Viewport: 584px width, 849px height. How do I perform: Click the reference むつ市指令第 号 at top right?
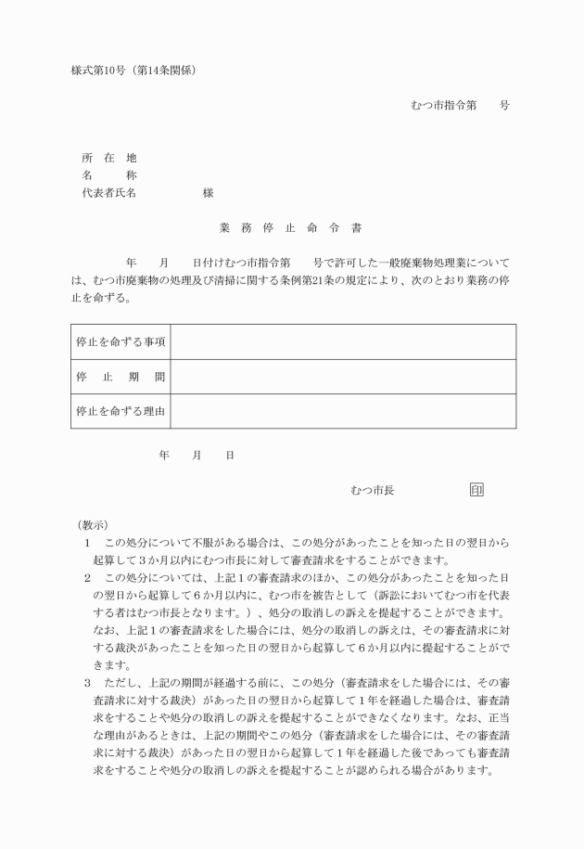coord(460,106)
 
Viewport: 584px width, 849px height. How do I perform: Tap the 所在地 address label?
coord(108,158)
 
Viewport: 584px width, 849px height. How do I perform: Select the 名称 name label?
coord(108,175)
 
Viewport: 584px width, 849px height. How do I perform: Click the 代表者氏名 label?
coord(109,193)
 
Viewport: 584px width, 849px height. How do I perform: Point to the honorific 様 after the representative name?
coord(208,193)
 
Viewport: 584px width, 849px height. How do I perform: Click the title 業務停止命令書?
coord(290,227)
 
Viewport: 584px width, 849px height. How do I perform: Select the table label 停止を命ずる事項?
coord(121,342)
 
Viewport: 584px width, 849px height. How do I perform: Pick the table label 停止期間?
coord(121,377)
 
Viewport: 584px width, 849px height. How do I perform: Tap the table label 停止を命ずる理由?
coord(121,411)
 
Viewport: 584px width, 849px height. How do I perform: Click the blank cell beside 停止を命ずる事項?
coord(343,342)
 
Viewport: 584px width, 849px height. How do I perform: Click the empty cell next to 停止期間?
coord(343,377)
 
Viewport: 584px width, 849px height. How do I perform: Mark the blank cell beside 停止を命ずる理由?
coord(343,411)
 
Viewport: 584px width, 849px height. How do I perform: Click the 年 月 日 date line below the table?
coord(197,456)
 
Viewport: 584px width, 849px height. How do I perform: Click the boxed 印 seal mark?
coord(476,490)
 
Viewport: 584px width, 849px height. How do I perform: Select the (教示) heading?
coord(93,524)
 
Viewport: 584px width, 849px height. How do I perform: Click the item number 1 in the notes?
coord(87,542)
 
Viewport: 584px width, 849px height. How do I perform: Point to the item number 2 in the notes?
coord(87,577)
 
